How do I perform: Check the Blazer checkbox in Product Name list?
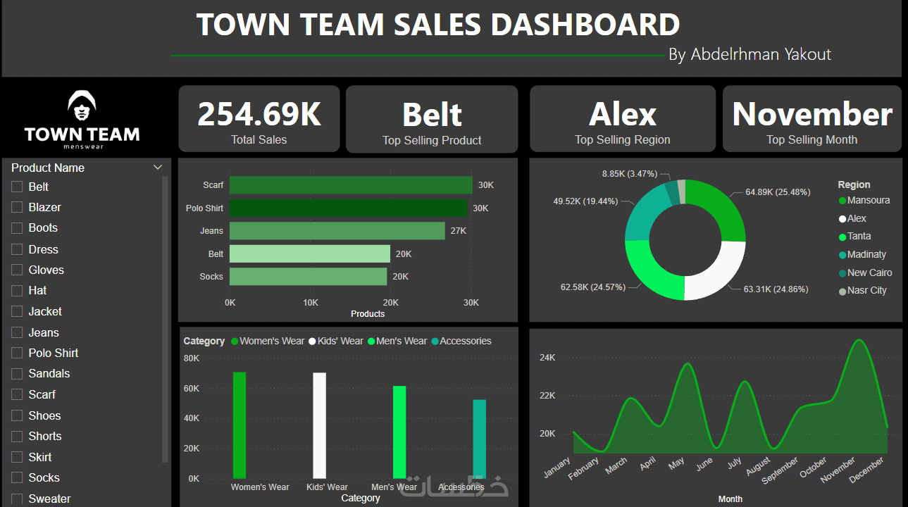17,207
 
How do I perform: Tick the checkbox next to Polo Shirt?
17,353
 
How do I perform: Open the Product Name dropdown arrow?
157,168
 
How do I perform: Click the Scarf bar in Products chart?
351,185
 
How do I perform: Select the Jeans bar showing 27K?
337,231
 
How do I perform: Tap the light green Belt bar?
309,254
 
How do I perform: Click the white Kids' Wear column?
319,425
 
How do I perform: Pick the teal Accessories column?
479,439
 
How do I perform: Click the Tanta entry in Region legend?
859,237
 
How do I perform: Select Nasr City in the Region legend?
866,291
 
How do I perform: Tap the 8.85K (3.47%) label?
629,173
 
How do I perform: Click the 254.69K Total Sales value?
259,114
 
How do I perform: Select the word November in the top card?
812,114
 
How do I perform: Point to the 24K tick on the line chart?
547,358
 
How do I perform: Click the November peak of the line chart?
858,340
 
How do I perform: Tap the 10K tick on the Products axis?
310,302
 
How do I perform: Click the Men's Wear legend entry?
401,341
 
